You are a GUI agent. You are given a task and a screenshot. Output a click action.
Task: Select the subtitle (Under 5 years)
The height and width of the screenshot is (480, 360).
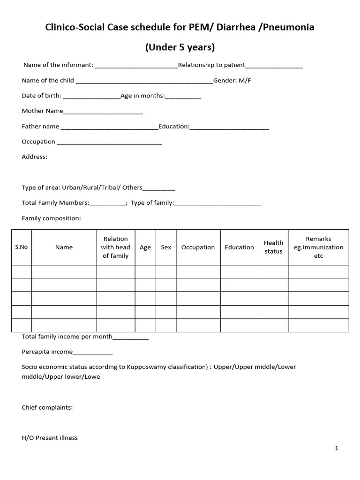180,47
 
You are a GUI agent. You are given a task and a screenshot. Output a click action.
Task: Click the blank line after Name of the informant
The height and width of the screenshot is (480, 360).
136,66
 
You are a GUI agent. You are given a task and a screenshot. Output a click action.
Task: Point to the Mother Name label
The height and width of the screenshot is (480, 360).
42,111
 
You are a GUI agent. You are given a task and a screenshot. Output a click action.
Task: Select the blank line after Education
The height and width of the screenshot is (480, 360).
230,127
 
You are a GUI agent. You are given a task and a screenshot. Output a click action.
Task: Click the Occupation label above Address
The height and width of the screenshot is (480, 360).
38,142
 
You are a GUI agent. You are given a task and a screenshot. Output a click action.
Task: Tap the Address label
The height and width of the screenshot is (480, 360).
34,157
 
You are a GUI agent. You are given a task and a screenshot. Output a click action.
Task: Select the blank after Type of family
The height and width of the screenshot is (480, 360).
217,203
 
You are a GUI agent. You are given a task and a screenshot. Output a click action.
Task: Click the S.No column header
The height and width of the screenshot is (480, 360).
22,247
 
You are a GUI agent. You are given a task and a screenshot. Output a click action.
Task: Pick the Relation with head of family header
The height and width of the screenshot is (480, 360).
116,247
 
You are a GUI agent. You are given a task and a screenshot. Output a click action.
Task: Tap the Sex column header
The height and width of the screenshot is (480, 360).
166,247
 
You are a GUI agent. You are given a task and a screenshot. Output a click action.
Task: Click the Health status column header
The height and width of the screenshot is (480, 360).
273,247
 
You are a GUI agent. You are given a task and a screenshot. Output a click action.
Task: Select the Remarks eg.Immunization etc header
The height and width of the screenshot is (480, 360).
318,247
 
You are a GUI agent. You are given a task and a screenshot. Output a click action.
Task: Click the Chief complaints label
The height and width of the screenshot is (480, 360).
47,407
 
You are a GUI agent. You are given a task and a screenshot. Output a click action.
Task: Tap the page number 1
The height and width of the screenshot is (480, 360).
337,448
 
